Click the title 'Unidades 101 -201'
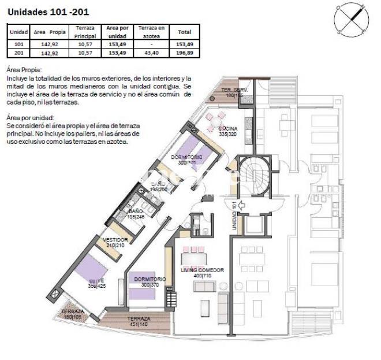(48, 11)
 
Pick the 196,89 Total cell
(185, 53)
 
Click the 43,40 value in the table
(151, 53)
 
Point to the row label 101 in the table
(18, 44)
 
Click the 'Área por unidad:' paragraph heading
(29, 117)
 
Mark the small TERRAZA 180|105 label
(72, 314)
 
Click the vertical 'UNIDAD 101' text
(234, 216)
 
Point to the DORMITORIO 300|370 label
(150, 282)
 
